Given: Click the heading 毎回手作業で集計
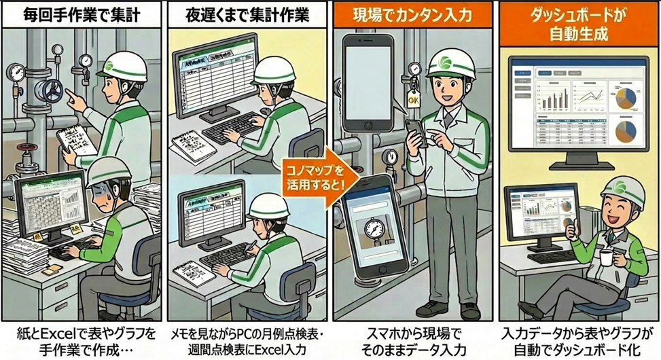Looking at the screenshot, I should pyautogui.click(x=82, y=14).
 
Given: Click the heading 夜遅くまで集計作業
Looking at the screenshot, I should pyautogui.click(x=248, y=14).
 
